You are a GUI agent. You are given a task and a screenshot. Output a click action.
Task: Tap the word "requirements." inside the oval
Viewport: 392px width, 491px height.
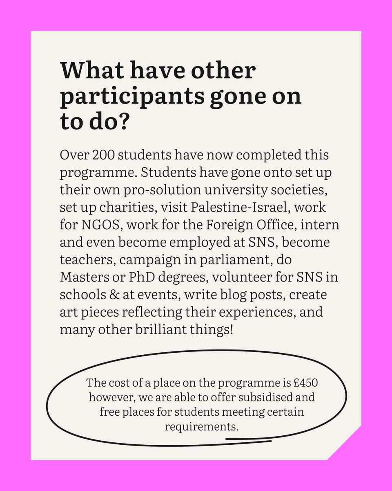tap(201, 426)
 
